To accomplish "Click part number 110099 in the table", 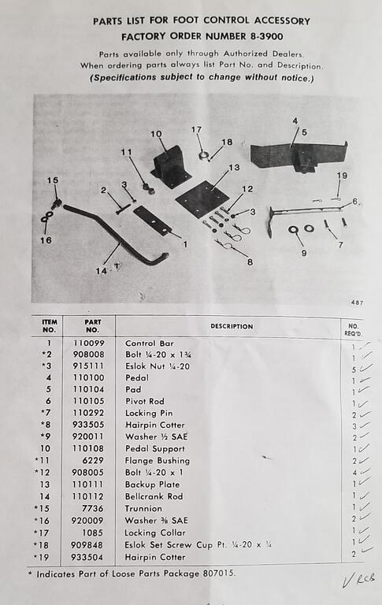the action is [89, 343].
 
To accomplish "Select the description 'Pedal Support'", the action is [155, 449].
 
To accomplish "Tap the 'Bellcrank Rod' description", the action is [154, 496].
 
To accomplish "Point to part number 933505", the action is [88, 425].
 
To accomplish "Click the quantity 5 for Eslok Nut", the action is [354, 369].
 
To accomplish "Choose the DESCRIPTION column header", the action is [232, 326].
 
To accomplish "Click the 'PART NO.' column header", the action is [93, 325].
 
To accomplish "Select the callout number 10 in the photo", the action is [156, 134].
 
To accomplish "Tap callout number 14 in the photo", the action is [101, 271].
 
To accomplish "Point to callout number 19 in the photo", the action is [342, 176].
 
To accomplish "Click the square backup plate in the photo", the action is [202, 199].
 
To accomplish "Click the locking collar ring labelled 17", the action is [203, 155].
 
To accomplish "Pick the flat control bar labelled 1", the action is [153, 220].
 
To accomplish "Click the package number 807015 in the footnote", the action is [218, 573].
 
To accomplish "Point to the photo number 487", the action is [357, 302].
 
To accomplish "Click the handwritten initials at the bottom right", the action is [359, 580].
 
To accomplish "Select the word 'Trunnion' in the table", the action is [143, 509].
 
